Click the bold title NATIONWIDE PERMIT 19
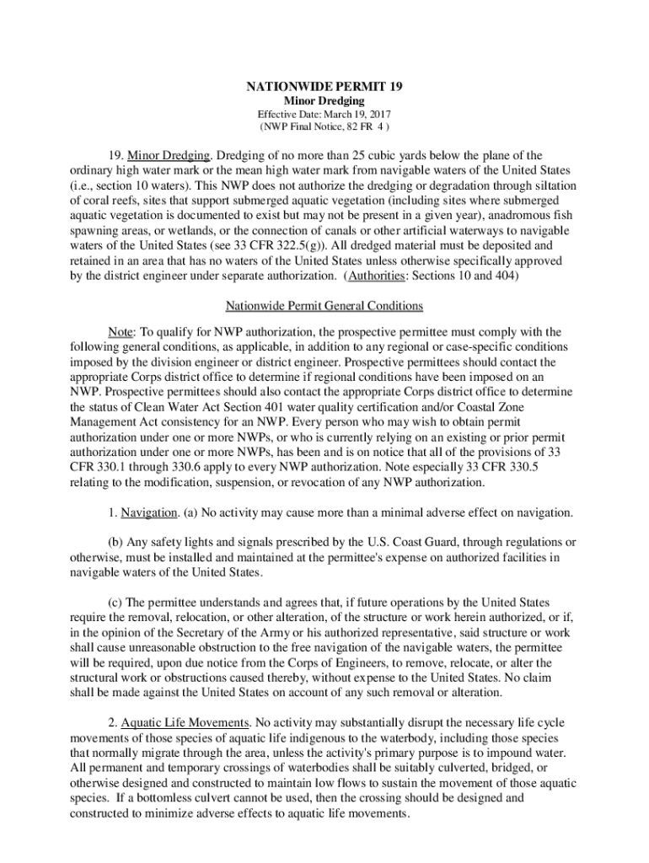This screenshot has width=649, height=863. point(324,86)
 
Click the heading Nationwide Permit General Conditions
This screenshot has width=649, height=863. point(324,305)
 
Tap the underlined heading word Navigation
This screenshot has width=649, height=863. point(148,512)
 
